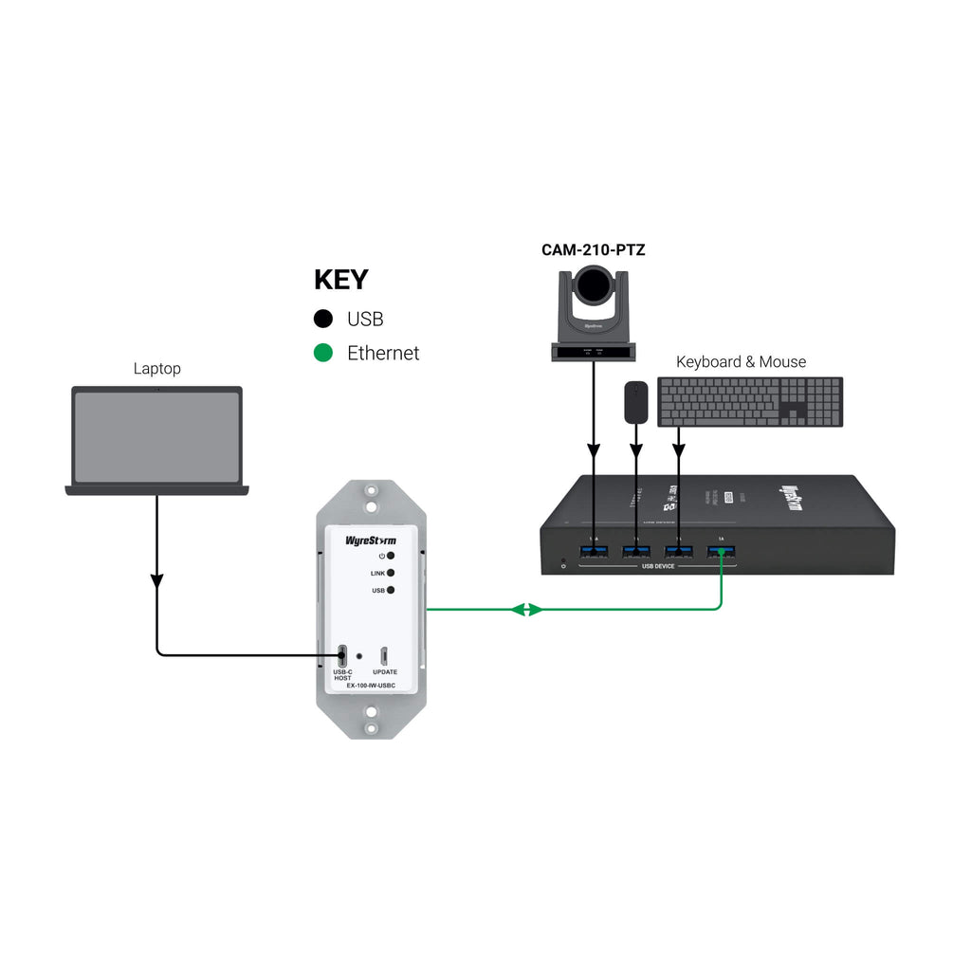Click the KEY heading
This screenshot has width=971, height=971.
tap(341, 280)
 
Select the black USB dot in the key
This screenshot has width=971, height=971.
tap(324, 320)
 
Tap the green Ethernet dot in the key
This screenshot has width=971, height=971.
tap(324, 353)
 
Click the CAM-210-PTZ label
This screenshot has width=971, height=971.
tap(594, 250)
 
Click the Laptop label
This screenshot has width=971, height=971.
tap(156, 368)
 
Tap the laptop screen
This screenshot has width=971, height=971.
tap(156, 436)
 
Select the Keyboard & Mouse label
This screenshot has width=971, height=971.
tap(741, 361)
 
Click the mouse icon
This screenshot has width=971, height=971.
tap(635, 402)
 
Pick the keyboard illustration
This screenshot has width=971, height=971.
tap(750, 402)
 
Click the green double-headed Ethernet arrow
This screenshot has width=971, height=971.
tap(527, 610)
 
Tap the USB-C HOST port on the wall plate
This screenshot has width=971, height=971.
tap(342, 655)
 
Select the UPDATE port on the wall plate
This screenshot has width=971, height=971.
tap(384, 655)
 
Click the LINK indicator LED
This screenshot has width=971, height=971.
tap(390, 573)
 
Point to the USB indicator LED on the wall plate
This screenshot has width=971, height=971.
tap(390, 590)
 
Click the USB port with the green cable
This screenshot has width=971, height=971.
tap(721, 552)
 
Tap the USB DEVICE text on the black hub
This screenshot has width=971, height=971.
tap(658, 566)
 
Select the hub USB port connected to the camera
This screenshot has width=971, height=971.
tap(594, 552)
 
